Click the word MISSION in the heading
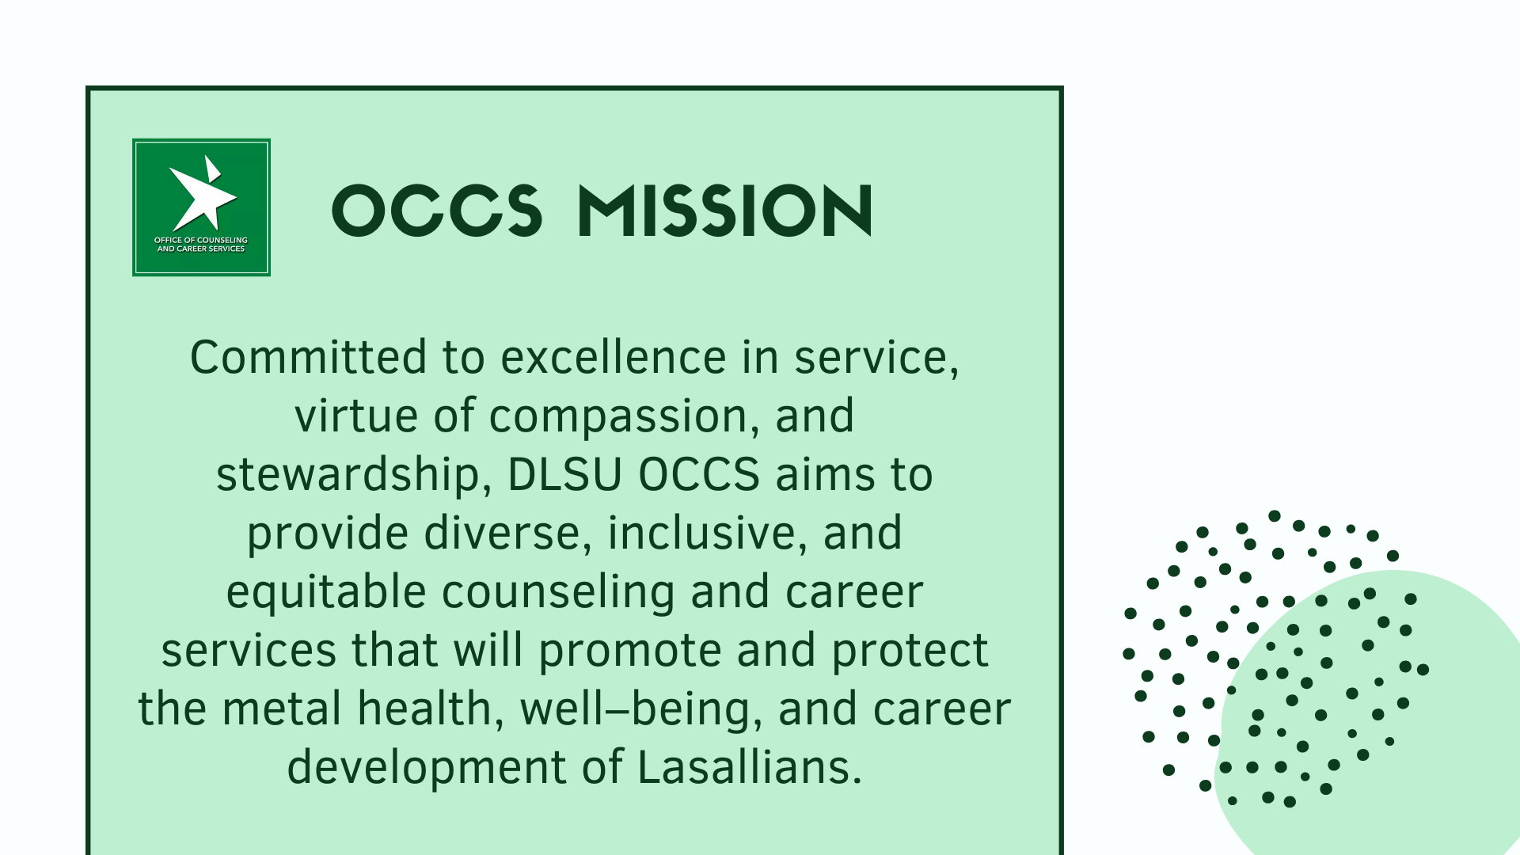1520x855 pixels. coord(725,211)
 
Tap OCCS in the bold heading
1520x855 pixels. coord(437,211)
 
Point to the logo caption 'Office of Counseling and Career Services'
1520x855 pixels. coord(201,245)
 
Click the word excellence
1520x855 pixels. coord(614,357)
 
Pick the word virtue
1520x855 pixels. coord(356,416)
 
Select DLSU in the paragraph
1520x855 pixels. coord(564,475)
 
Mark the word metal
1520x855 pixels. coord(282,709)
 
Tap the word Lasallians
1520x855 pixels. coord(749,767)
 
